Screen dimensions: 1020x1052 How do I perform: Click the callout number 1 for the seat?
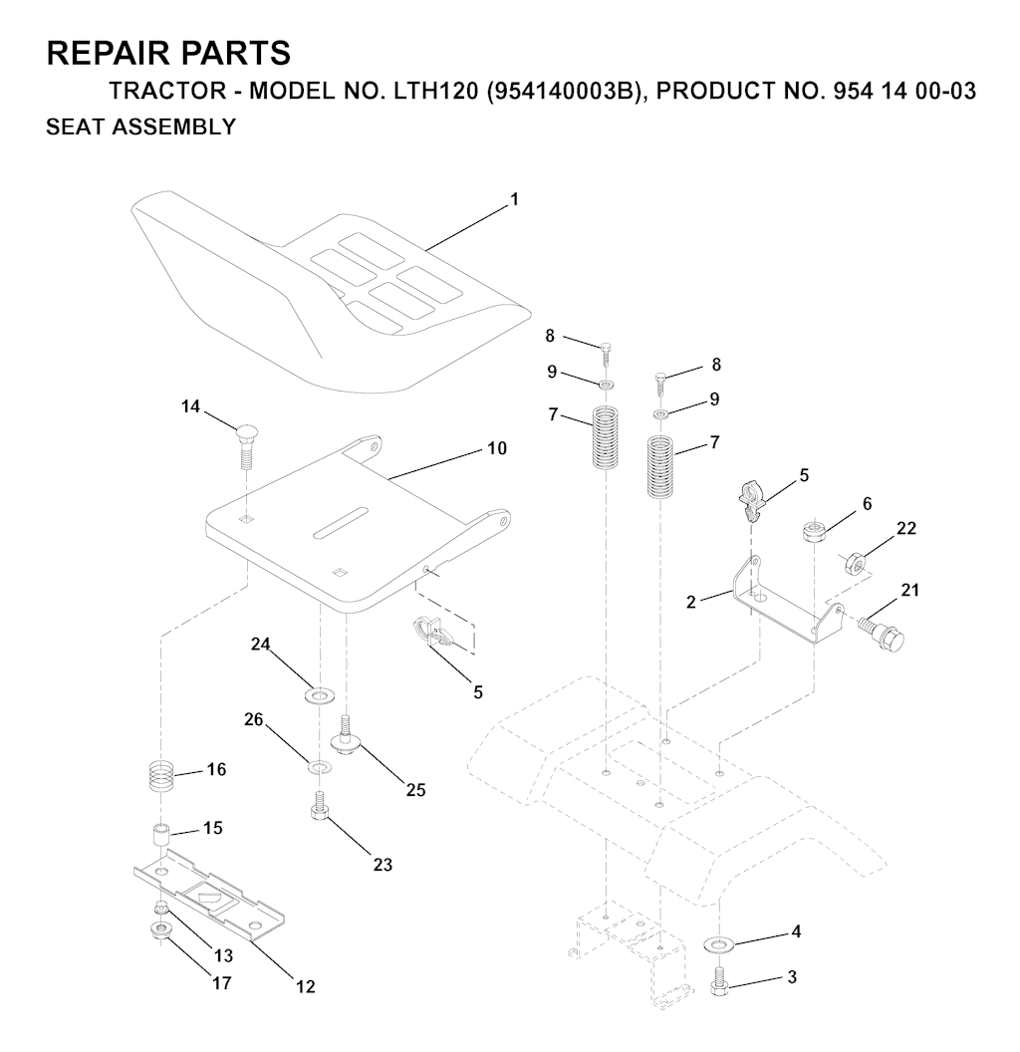click(x=515, y=199)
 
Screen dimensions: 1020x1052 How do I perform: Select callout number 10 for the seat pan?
click(x=497, y=448)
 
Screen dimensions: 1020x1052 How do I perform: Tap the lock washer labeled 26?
click(x=320, y=766)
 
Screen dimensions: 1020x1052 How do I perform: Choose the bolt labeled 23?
click(x=320, y=805)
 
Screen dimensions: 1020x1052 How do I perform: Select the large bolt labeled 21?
click(x=883, y=631)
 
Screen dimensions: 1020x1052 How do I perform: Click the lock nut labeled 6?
click(x=814, y=532)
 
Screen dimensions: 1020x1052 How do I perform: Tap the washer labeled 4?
click(x=719, y=945)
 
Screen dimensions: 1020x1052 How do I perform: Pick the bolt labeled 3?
click(x=719, y=980)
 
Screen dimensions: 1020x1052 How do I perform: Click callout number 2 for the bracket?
click(x=691, y=603)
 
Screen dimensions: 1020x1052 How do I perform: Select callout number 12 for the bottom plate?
click(x=306, y=986)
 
